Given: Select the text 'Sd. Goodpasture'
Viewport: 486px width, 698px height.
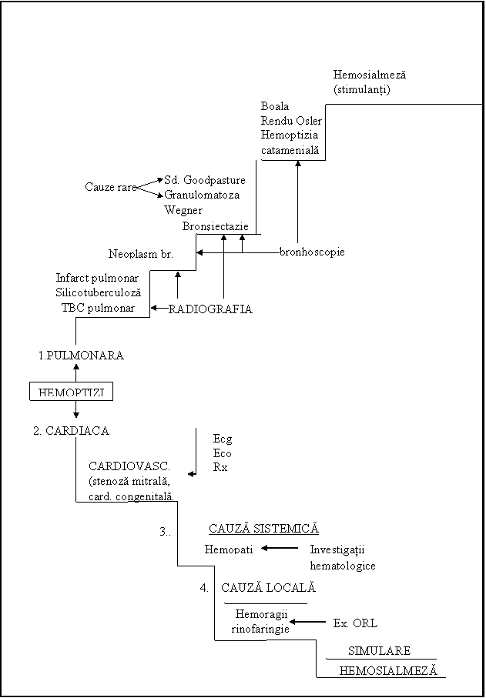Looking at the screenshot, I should [x=205, y=180].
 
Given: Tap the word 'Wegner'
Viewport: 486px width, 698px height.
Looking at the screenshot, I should [x=183, y=209].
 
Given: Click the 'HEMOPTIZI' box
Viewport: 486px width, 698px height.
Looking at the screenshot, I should [x=71, y=392].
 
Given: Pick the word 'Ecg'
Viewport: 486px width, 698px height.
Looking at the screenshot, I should [x=223, y=439].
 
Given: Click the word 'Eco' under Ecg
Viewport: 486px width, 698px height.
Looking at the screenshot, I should [x=222, y=453].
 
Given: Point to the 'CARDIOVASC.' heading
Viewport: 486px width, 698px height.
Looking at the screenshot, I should [x=129, y=466].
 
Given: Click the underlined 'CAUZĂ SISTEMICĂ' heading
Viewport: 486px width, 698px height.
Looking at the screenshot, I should [x=263, y=529].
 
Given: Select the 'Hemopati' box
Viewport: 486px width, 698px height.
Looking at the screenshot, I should [x=229, y=549].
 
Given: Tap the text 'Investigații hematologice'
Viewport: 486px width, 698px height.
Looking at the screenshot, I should [x=344, y=558].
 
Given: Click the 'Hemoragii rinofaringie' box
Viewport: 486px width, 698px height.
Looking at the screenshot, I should [x=260, y=621].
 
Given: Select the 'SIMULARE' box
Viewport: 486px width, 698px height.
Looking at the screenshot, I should [x=378, y=650].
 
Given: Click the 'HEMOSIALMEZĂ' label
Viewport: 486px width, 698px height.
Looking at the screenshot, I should [x=387, y=670].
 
